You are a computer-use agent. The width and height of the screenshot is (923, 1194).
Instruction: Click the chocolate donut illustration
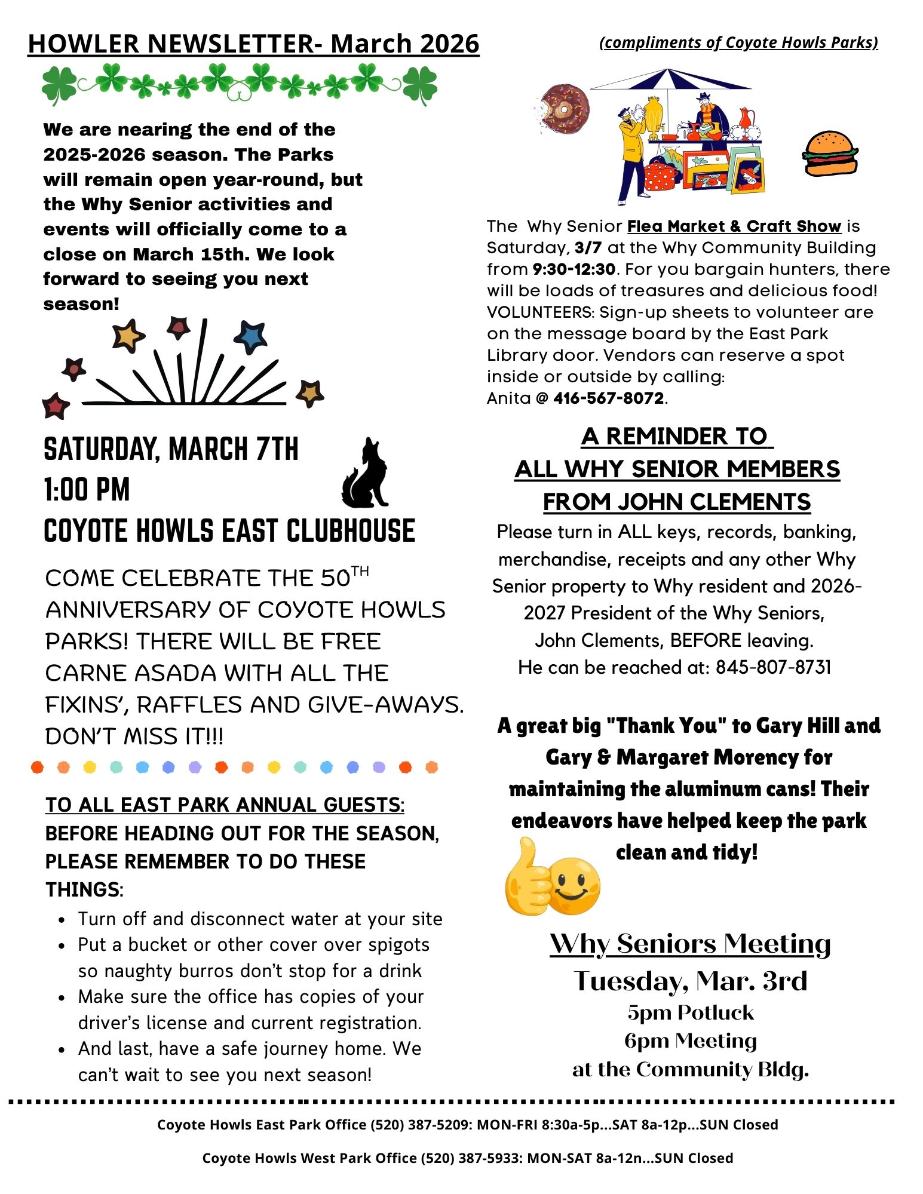[x=564, y=109]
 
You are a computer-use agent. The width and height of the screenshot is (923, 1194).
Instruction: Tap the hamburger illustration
[x=830, y=154]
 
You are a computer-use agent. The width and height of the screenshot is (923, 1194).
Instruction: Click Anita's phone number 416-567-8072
[x=608, y=398]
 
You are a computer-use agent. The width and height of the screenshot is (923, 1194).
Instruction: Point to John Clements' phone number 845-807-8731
[x=773, y=667]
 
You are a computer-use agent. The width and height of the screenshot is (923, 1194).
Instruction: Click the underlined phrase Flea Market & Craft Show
[x=734, y=226]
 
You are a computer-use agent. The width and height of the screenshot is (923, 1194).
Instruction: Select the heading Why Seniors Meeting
[x=690, y=944]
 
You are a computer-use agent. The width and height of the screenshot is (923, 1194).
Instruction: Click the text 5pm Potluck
[x=690, y=1013]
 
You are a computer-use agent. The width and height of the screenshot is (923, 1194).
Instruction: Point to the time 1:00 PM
[x=87, y=490]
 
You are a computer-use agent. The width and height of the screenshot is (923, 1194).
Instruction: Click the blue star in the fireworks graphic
[x=250, y=336]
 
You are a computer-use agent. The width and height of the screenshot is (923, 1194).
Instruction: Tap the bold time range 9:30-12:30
[x=574, y=269]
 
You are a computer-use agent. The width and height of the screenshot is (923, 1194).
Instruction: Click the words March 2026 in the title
[x=404, y=44]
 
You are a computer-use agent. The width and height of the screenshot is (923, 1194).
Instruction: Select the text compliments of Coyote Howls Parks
[x=738, y=43]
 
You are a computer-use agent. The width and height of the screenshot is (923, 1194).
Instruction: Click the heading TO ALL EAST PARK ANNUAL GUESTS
[x=225, y=805]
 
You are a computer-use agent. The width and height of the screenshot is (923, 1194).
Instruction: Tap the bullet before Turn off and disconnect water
[x=62, y=920]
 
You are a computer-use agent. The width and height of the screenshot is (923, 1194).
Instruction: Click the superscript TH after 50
[x=360, y=571]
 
